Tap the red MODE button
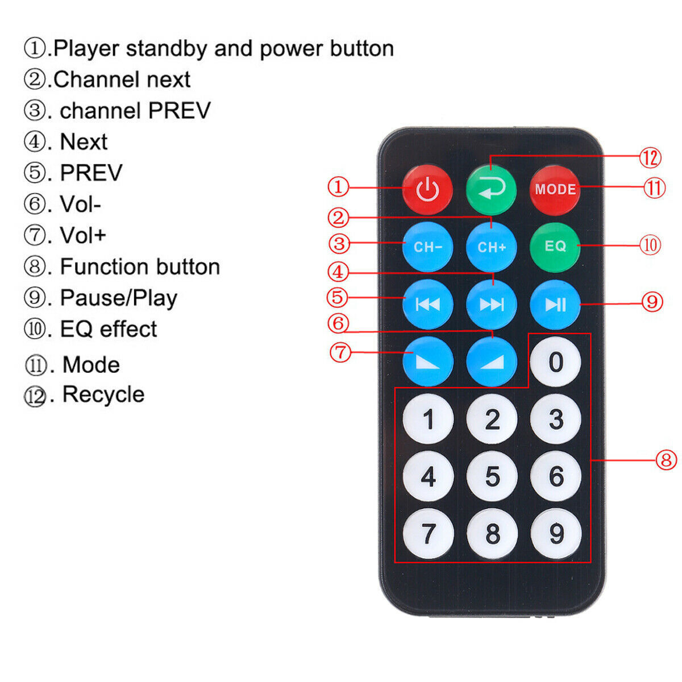coord(555,190)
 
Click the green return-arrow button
coord(491,190)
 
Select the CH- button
coord(427,247)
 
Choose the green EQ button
coord(555,247)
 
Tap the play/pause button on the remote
coord(555,304)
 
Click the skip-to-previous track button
coord(428,304)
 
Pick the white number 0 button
coord(555,361)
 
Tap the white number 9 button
coord(556,533)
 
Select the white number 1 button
coord(429,419)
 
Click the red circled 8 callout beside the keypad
coord(666,460)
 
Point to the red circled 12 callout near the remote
coord(650,158)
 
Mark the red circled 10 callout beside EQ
coord(650,245)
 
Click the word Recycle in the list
coord(103,395)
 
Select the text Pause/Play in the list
coord(119,298)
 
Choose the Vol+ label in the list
coord(83,235)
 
